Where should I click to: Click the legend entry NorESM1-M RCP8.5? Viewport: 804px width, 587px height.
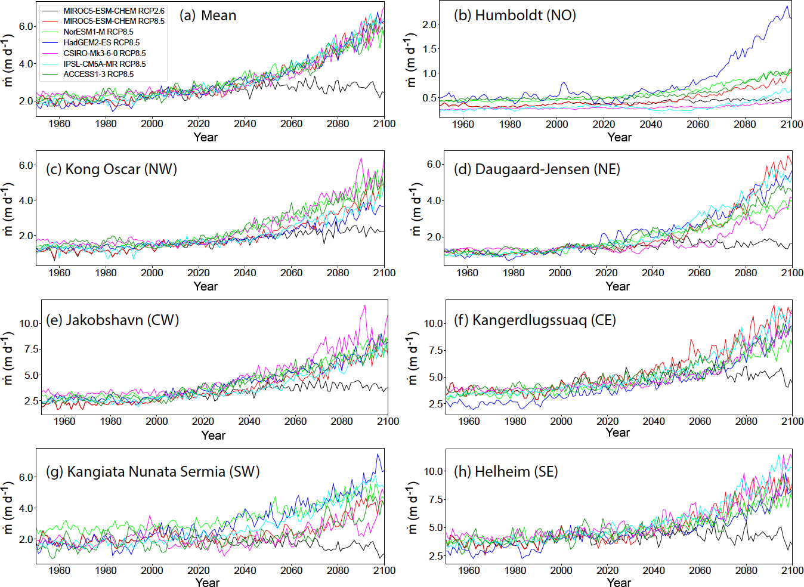click(x=98, y=32)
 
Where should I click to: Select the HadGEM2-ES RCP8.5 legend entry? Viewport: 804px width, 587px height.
click(x=101, y=42)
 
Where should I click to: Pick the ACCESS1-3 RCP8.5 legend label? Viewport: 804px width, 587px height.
click(x=98, y=74)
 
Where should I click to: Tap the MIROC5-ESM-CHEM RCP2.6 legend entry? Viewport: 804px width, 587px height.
click(x=114, y=11)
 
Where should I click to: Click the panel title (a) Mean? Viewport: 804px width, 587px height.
click(x=208, y=16)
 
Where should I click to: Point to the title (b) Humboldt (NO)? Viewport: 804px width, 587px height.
click(x=515, y=16)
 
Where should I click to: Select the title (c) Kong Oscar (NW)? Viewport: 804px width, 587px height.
click(x=112, y=169)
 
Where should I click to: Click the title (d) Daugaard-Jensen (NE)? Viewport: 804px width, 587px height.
click(x=537, y=169)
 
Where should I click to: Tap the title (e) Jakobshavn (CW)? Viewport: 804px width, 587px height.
click(x=113, y=320)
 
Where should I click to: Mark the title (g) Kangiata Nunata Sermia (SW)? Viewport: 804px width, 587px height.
click(x=153, y=472)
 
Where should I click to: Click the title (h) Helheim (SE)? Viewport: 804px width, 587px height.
click(x=506, y=472)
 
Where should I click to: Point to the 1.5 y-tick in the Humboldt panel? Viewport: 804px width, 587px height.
click(x=429, y=49)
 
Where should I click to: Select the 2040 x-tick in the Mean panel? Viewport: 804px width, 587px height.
click(x=245, y=123)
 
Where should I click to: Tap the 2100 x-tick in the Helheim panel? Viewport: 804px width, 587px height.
click(x=792, y=570)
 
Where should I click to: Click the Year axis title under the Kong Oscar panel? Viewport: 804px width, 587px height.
click(x=206, y=286)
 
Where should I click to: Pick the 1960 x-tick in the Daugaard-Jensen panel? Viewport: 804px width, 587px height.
click(x=467, y=273)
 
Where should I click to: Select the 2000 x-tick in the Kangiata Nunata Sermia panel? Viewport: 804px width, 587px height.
click(x=152, y=570)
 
